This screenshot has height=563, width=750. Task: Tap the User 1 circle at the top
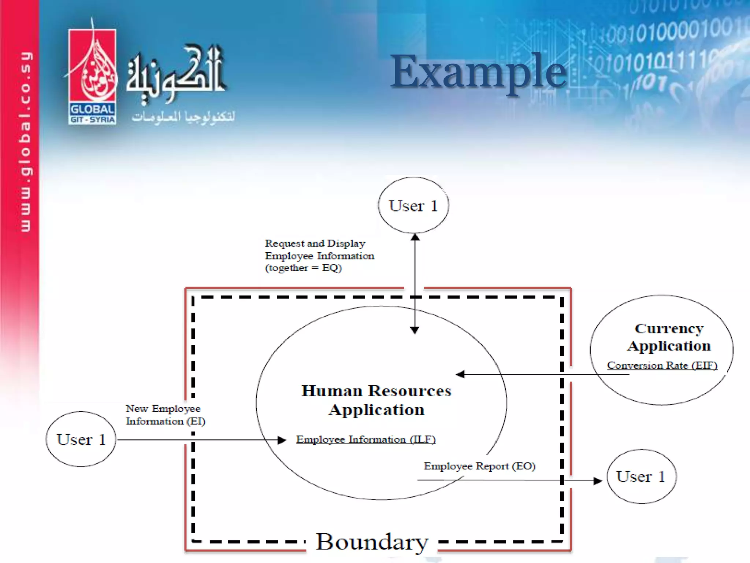(413, 205)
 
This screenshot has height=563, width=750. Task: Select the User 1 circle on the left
(81, 439)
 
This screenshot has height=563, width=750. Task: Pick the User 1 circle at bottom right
(641, 476)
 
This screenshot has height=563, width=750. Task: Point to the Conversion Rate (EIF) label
(662, 365)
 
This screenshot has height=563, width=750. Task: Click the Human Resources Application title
(376, 400)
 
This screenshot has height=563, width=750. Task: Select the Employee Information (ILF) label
(365, 439)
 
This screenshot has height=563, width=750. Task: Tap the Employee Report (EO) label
(480, 466)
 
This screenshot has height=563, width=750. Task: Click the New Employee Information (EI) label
(165, 415)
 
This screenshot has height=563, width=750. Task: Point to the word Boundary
(372, 542)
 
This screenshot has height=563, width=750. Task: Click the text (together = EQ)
(303, 268)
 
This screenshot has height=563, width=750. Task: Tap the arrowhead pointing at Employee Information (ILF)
(282, 440)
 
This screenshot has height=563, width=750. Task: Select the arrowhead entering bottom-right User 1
(598, 481)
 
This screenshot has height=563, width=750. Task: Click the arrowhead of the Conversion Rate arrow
(460, 374)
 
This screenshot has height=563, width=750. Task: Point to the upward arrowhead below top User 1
(415, 237)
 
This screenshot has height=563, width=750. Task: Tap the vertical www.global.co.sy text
(26, 141)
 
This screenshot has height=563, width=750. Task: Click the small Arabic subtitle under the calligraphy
(183, 117)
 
